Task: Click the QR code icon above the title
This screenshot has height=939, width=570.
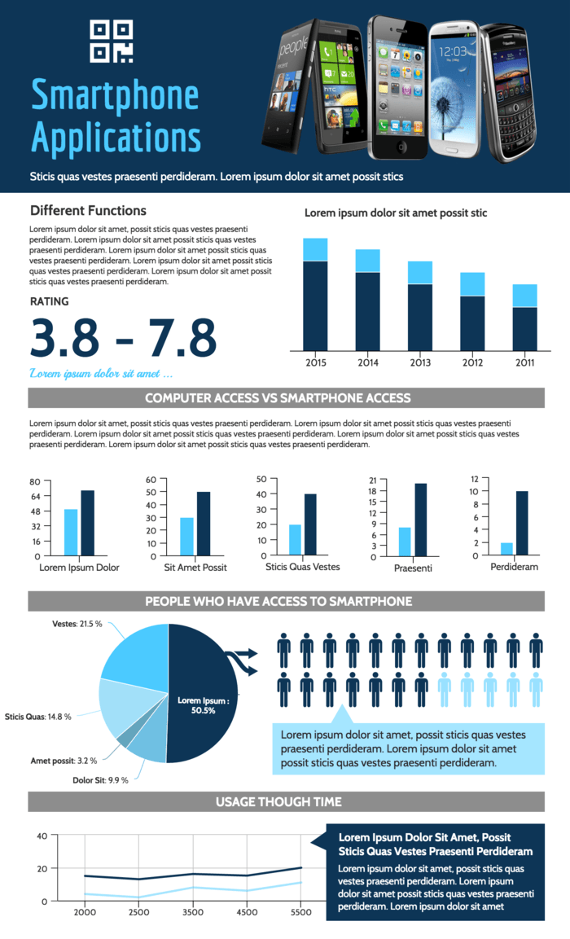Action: tap(111, 42)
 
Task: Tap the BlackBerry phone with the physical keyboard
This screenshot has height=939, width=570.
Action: tap(509, 90)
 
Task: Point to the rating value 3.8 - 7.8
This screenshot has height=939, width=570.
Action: tap(123, 337)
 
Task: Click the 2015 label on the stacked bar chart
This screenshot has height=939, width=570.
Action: tap(315, 362)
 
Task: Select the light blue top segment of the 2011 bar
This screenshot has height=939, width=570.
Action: tap(524, 296)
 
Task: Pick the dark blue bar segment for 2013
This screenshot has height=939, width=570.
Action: tap(420, 317)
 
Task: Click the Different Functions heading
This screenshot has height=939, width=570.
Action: tap(88, 211)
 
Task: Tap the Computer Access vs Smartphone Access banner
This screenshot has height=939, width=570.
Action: tap(285, 398)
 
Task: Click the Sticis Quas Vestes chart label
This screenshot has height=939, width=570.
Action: tap(302, 567)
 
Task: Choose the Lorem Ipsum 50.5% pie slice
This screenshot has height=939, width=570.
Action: tap(204, 692)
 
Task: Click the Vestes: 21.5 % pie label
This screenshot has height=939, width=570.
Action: tap(77, 624)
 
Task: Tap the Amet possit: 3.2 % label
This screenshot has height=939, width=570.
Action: tap(64, 761)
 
